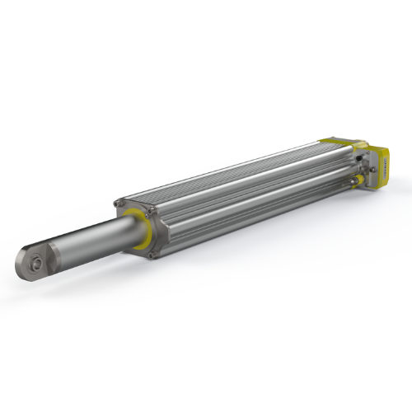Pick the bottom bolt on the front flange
(x=152, y=255)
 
